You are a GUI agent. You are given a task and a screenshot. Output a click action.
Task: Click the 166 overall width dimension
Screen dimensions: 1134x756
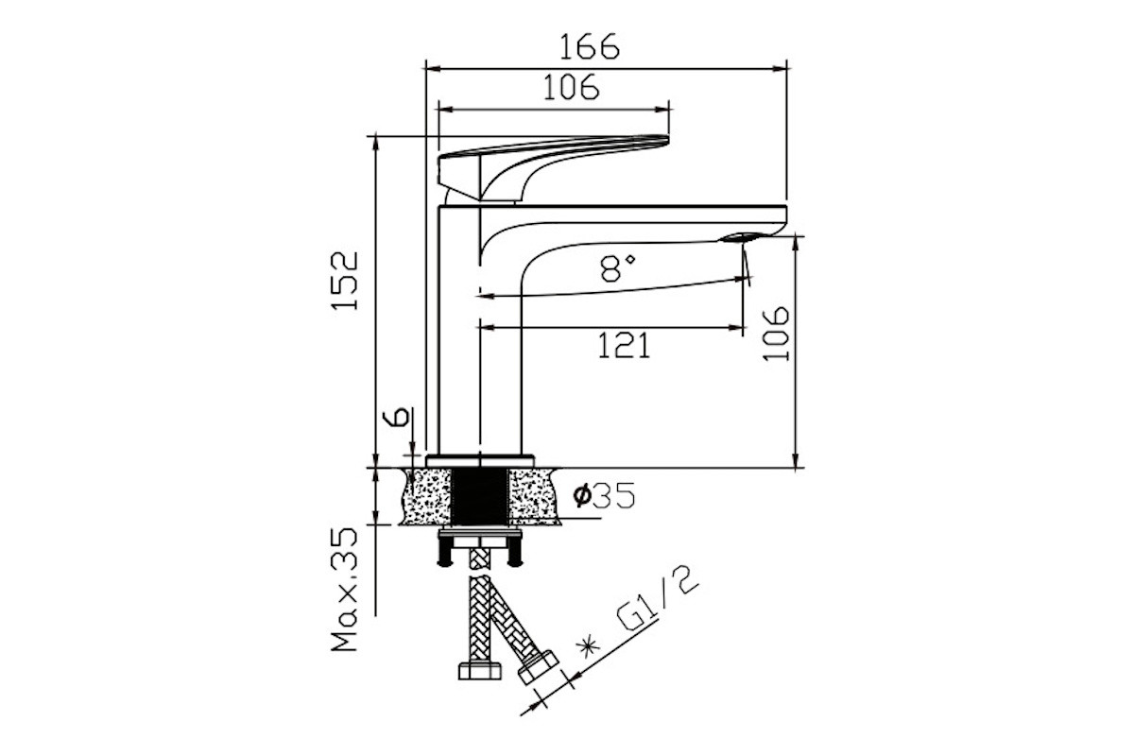(x=589, y=47)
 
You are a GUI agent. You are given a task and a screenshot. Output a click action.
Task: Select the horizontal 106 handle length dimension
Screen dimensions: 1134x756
(x=571, y=88)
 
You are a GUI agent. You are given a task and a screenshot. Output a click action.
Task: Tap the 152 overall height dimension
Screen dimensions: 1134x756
(x=345, y=280)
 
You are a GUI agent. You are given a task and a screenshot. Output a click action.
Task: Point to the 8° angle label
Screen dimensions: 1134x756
(x=618, y=268)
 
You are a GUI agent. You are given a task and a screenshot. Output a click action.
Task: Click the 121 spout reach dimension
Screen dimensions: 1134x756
(x=624, y=346)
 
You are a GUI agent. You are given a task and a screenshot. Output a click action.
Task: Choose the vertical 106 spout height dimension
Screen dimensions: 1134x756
(x=776, y=334)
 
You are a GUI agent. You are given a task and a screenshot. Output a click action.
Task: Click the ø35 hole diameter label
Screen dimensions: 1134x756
(x=604, y=495)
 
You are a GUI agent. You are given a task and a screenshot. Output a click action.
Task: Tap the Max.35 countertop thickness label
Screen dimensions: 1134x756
(x=345, y=590)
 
